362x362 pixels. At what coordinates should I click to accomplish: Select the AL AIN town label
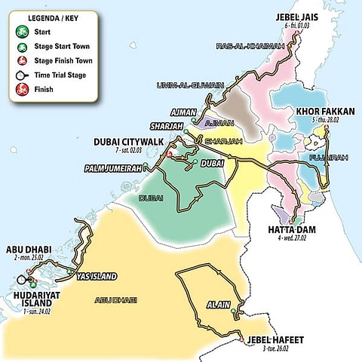point(216,305)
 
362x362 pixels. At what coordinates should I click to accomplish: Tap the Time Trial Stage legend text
point(60,75)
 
